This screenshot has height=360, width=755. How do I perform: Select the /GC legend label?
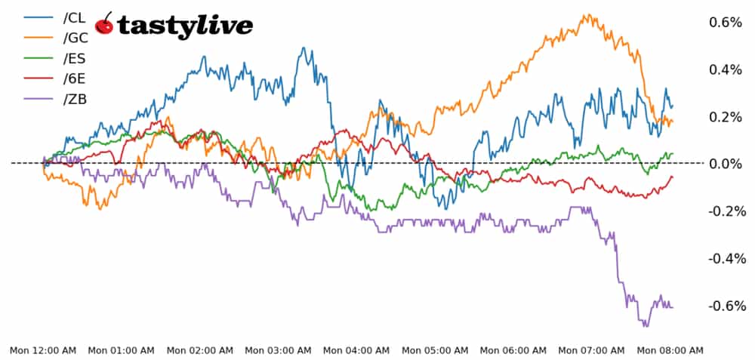pos(78,38)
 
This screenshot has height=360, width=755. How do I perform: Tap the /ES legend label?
pos(77,58)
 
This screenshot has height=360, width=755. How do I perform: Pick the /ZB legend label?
pos(77,99)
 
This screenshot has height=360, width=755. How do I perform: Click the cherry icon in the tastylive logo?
pos(105,24)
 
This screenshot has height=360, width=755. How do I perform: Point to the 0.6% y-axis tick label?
pos(726,23)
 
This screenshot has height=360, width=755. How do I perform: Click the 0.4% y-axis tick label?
pos(726,70)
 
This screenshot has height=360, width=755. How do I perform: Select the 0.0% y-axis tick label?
pos(726,164)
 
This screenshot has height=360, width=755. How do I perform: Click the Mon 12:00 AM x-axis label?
pos(43,350)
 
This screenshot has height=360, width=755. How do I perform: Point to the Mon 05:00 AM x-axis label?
pos(435,350)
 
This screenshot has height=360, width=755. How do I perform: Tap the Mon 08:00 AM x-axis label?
pos(670,350)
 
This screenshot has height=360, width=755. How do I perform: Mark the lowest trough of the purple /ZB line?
pos(646,325)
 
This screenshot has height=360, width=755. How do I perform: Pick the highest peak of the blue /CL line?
pos(304,48)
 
